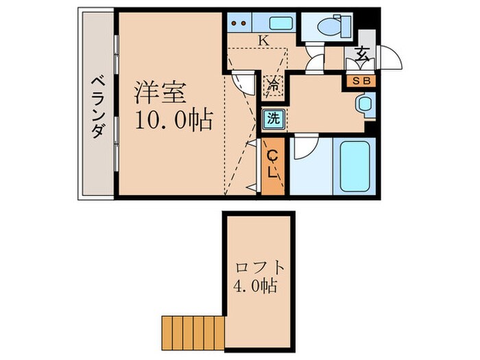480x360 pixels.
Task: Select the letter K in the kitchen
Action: [x=263, y=40]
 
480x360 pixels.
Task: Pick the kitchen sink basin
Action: [x=281, y=23]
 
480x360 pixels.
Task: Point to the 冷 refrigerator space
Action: [x=272, y=87]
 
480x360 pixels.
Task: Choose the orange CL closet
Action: [x=273, y=167]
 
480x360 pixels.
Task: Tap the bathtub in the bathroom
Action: [x=355, y=167]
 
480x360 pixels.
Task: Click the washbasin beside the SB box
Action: [x=363, y=105]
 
